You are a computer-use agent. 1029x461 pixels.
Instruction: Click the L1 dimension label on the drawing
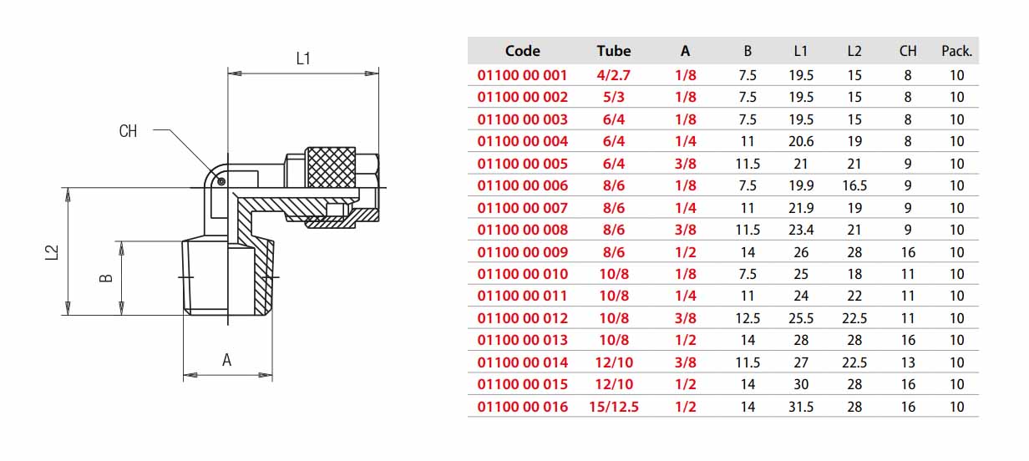[303, 58]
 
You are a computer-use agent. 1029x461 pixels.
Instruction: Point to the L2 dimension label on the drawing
[53, 252]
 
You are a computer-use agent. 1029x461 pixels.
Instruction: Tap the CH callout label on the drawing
[128, 131]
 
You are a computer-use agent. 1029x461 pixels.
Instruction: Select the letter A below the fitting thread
[227, 360]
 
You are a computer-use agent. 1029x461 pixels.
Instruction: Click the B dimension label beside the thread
[106, 278]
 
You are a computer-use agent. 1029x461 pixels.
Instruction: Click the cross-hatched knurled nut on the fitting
[331, 167]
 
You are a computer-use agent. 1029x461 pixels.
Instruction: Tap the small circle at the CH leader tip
[221, 181]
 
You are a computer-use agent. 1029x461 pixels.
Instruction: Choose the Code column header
[522, 51]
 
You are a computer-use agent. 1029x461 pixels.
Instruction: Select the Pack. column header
[957, 51]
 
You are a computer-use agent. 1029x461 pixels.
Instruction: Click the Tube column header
[614, 51]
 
